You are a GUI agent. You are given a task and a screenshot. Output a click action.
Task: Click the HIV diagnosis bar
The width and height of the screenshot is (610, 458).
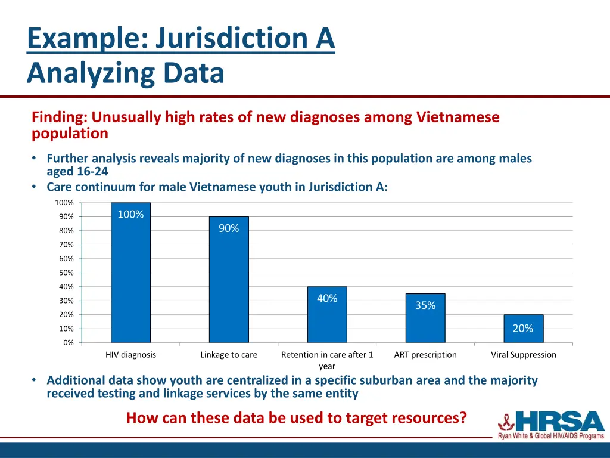[130, 280]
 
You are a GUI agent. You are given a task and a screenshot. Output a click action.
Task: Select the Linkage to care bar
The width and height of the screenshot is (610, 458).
[229, 286]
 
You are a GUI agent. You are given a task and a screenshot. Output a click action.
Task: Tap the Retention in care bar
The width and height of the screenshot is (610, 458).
[327, 322]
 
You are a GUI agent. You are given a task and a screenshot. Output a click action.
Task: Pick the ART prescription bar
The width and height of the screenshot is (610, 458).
[425, 325]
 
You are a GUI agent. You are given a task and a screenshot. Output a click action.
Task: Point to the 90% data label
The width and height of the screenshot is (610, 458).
[229, 228]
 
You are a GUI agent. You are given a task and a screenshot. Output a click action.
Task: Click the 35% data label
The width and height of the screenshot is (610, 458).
[425, 305]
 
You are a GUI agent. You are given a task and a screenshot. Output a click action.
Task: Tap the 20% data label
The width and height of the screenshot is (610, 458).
[523, 329]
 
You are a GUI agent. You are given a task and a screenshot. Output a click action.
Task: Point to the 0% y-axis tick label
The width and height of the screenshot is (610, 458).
[69, 343]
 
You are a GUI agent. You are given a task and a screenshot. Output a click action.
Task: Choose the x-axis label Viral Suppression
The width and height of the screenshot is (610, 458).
[523, 355]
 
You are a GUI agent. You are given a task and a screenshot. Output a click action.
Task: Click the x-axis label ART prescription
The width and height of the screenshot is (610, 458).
[425, 355]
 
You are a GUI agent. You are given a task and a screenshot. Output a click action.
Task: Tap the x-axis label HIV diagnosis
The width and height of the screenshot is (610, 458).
[130, 355]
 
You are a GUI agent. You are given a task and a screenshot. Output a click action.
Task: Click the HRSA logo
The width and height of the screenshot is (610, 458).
[552, 425]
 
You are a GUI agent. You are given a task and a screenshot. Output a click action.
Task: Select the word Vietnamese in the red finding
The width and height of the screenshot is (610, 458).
[457, 117]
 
